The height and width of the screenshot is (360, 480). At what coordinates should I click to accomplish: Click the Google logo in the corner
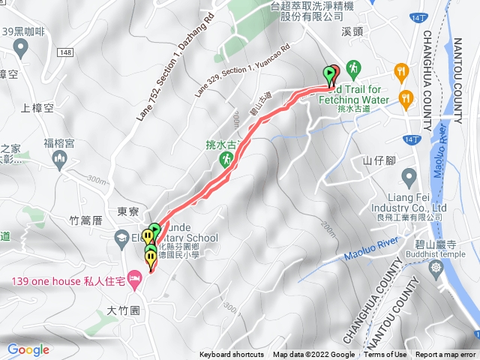point(28,349)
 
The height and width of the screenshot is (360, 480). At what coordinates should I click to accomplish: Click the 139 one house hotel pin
point(135,281)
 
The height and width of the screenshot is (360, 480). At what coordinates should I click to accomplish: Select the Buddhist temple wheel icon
point(436,267)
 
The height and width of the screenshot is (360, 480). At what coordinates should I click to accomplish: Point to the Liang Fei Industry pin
point(409,178)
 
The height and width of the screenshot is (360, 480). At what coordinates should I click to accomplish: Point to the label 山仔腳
point(379,160)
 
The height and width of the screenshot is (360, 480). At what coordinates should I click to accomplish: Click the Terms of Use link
point(385,355)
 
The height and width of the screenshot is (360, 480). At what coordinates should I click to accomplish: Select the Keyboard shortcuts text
point(232,355)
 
